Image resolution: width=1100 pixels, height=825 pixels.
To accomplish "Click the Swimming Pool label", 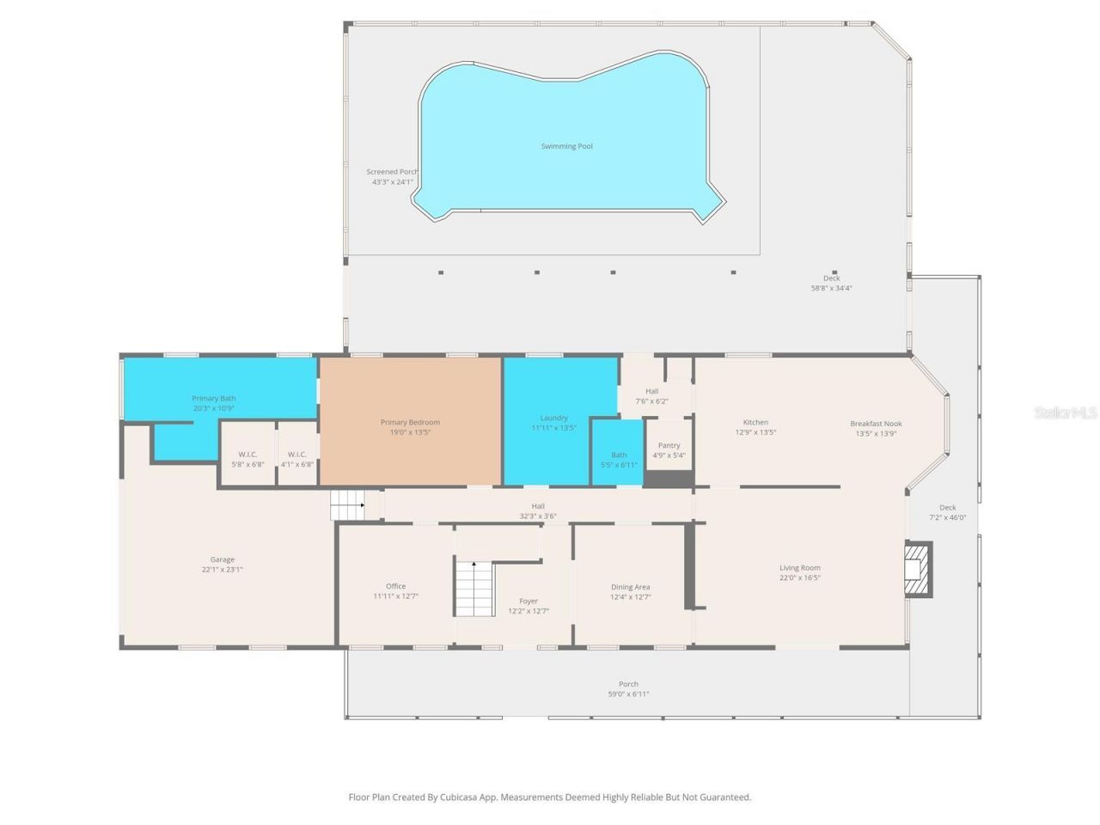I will [566, 146].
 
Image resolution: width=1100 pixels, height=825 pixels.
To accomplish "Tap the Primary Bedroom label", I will [410, 422].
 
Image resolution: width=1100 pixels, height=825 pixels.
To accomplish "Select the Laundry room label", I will [553, 418].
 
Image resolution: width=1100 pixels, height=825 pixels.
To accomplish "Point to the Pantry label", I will [669, 445].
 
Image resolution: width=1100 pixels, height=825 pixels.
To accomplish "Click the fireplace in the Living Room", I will [918, 568].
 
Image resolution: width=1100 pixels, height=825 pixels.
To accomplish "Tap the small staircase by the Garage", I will [347, 504].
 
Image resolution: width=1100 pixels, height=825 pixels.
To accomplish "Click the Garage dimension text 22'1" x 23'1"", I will [222, 569].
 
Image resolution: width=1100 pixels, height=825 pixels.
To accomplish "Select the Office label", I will [395, 586].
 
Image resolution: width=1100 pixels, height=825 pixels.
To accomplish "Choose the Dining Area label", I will [630, 587].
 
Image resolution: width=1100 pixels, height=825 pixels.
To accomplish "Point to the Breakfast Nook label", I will [876, 423].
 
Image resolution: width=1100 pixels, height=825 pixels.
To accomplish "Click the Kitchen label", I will [755, 422].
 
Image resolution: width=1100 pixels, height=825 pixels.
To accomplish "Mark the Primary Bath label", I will [213, 398].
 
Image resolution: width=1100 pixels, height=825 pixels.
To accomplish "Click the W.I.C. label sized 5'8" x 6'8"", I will [247, 454].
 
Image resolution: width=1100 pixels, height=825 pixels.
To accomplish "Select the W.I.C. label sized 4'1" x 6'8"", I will [296, 454].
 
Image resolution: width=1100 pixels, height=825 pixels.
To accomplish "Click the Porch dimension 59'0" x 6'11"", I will [628, 694].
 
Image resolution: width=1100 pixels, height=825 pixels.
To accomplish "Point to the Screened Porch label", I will [391, 172].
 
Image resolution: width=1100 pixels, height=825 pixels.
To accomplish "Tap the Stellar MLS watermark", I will [1066, 413].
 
